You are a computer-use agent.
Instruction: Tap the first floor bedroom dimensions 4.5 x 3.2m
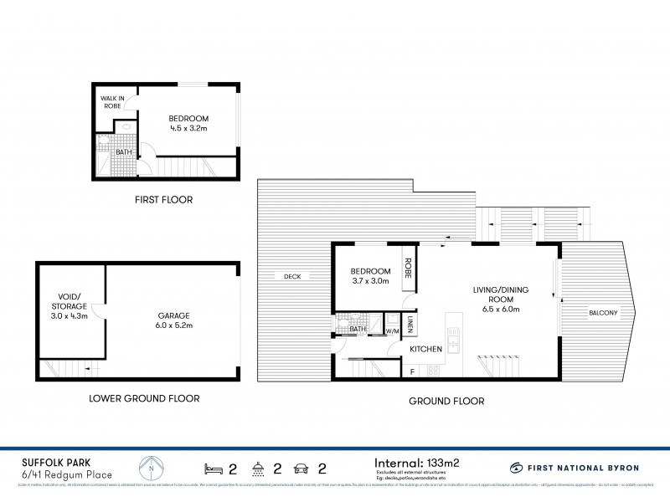click(x=188, y=130)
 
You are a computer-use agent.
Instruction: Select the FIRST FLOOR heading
click(x=164, y=200)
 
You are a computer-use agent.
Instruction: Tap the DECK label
click(x=291, y=276)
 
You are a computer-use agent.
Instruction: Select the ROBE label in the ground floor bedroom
click(x=410, y=271)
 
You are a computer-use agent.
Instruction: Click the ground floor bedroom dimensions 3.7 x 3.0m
click(x=369, y=283)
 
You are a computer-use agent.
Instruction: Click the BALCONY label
click(x=603, y=313)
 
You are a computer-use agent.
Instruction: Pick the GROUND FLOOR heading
click(x=446, y=401)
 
